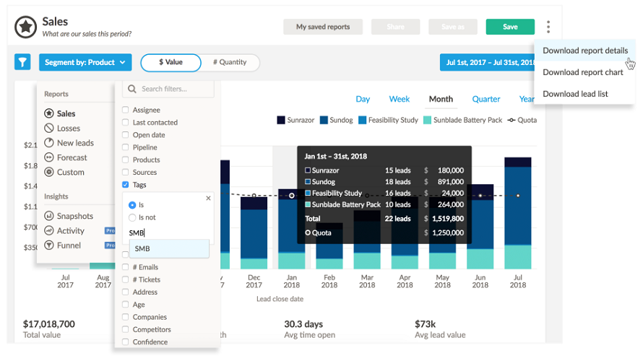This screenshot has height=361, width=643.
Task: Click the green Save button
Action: tap(510, 27)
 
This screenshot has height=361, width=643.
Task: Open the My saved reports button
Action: tap(323, 27)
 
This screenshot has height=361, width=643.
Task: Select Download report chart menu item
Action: tap(582, 72)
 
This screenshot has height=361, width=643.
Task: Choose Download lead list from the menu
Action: tap(575, 94)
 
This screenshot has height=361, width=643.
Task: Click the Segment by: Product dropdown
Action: tap(85, 62)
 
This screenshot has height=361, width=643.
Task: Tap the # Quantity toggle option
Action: tap(230, 62)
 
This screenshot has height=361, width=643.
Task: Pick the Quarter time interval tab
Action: tap(486, 99)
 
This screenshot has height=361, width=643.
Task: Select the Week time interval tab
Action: tap(400, 99)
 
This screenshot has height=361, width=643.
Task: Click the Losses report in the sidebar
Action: tap(69, 129)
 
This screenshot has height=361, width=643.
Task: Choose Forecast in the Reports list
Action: tap(72, 157)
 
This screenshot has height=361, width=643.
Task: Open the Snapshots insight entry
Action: tap(75, 216)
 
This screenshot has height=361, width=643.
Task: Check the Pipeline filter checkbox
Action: tap(126, 147)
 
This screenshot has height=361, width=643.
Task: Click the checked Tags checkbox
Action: tap(126, 185)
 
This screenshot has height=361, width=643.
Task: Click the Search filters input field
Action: tap(169, 89)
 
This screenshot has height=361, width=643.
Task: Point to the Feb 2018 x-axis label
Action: tap(329, 281)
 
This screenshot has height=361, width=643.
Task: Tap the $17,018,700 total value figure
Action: tap(48, 324)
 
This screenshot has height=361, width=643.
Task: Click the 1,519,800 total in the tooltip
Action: tap(445, 218)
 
